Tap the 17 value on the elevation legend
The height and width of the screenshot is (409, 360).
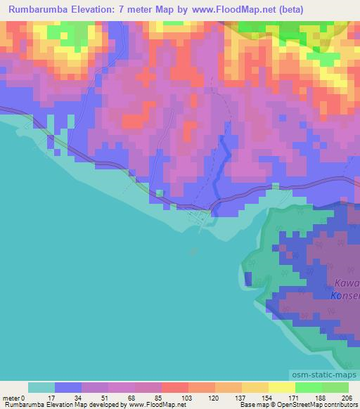point(55,397)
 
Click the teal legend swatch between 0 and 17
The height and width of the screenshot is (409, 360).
point(41,387)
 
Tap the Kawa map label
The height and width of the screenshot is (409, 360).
point(347,283)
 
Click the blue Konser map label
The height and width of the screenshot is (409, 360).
point(345,296)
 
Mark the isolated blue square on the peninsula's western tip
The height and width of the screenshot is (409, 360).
point(248,280)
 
